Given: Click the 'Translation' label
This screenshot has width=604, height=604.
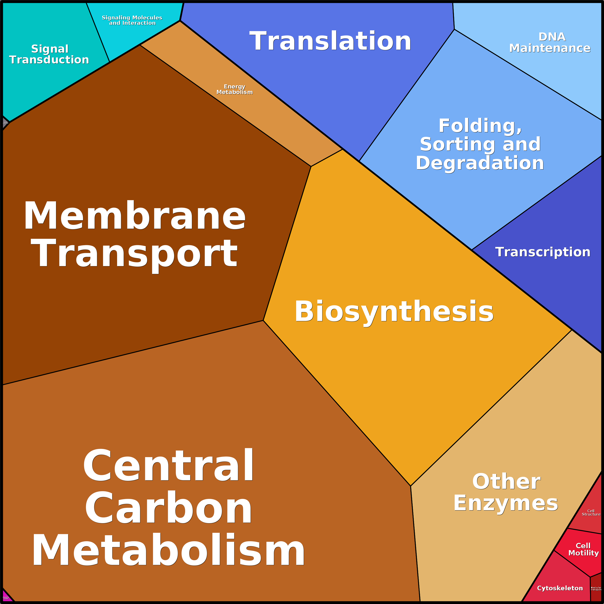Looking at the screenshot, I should [x=330, y=41].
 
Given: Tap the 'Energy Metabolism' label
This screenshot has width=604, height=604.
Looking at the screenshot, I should [x=234, y=89].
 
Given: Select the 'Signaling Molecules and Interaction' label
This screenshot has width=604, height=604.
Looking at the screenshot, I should [x=132, y=20].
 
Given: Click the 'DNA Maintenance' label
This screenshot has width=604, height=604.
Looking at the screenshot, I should [x=550, y=43].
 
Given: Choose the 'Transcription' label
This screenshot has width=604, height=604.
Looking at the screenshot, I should [x=543, y=252].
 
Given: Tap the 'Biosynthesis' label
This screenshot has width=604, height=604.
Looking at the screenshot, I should [x=394, y=311].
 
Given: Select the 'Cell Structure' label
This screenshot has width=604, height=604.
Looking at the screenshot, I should [x=591, y=512].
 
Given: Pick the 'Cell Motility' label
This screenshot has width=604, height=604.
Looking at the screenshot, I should [x=583, y=549].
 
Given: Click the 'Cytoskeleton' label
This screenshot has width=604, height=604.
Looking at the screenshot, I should [x=560, y=588].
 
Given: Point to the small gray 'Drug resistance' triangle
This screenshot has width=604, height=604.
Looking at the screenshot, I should [x=5, y=123].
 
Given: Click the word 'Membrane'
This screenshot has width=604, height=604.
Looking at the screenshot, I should [x=134, y=216].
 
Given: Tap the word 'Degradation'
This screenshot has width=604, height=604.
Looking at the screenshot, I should [x=480, y=163].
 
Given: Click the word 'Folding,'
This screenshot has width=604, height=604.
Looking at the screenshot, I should [x=480, y=126].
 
